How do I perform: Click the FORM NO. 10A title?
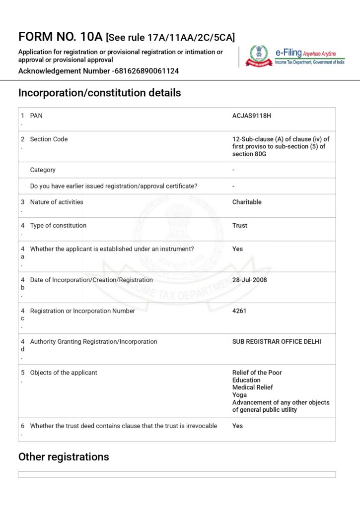60,37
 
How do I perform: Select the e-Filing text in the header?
292,53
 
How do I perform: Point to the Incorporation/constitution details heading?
99,93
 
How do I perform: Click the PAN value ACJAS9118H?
252,116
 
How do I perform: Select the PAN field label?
36,116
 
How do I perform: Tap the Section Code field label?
49,139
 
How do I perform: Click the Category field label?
43,170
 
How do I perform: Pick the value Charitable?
247,202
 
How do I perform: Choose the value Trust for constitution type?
239,225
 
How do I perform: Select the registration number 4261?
239,311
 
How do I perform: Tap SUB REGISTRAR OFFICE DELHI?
277,341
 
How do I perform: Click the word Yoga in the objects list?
239,395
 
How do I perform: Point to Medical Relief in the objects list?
252,387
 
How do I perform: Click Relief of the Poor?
257,373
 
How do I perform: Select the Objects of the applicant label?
64,373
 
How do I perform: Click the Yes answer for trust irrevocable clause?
237,426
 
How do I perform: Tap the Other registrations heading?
64,457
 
